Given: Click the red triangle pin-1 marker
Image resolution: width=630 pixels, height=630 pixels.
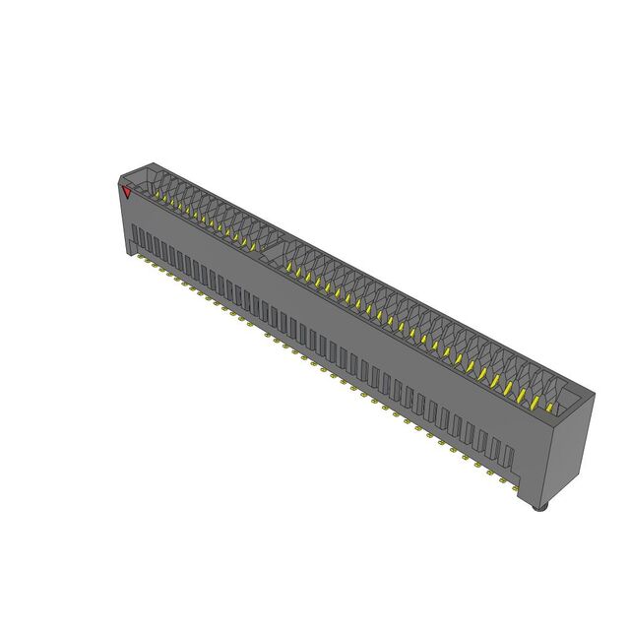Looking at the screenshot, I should [126, 191].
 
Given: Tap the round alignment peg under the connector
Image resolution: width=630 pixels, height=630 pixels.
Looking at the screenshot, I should [537, 508].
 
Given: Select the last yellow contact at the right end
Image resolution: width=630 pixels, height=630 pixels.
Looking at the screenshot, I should [547, 405].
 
